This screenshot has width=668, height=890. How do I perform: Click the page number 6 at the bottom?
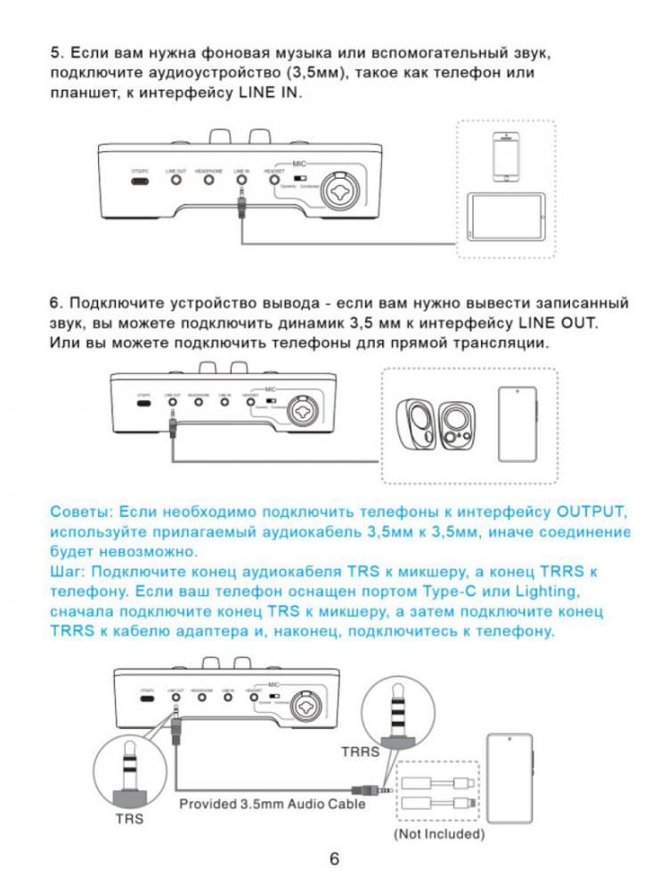tap(334, 859)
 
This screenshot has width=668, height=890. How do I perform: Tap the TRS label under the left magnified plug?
tap(129, 818)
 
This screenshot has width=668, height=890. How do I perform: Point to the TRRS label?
tap(360, 751)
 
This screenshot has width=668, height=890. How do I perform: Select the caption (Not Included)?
tap(439, 834)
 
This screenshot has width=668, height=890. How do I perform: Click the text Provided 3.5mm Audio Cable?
tap(273, 804)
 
